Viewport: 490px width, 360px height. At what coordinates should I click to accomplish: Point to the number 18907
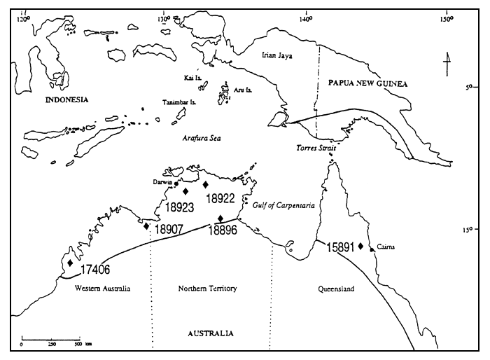pyautogui.click(x=169, y=228)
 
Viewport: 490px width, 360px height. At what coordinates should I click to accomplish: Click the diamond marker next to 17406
pyautogui.click(x=70, y=263)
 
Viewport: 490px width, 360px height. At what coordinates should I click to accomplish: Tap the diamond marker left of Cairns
pyautogui.click(x=360, y=246)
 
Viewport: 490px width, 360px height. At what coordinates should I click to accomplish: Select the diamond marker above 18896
pyautogui.click(x=220, y=218)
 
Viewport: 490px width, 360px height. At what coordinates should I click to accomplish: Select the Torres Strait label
pyautogui.click(x=313, y=149)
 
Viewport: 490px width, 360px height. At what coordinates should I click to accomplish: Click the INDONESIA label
pyautogui.click(x=66, y=99)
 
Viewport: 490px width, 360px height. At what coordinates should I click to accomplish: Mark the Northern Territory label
pyautogui.click(x=208, y=289)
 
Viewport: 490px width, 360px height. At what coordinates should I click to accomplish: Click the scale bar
pyautogui.click(x=50, y=338)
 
